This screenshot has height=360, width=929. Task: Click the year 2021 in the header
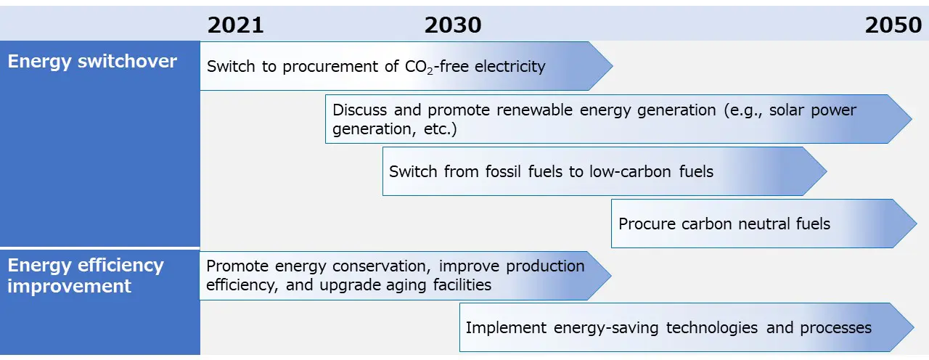click(x=236, y=25)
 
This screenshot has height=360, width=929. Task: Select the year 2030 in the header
click(x=453, y=25)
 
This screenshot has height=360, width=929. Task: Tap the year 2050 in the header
click(x=893, y=25)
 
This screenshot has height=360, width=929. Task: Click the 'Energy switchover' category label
click(x=92, y=62)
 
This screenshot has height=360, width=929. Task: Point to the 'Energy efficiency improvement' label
click(x=86, y=276)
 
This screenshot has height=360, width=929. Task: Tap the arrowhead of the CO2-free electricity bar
click(x=600, y=66)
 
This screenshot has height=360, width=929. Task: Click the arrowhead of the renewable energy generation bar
click(x=899, y=119)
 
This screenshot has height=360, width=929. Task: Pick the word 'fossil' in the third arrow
click(x=503, y=172)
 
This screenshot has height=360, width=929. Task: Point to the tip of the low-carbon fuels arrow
click(x=827, y=171)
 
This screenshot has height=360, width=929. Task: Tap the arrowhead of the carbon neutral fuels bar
click(x=904, y=224)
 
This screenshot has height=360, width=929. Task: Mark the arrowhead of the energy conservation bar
click(x=599, y=275)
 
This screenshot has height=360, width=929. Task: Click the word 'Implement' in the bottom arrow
click(x=506, y=328)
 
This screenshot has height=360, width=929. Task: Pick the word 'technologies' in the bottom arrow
click(x=712, y=328)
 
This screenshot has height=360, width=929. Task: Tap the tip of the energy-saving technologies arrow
click(x=914, y=327)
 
